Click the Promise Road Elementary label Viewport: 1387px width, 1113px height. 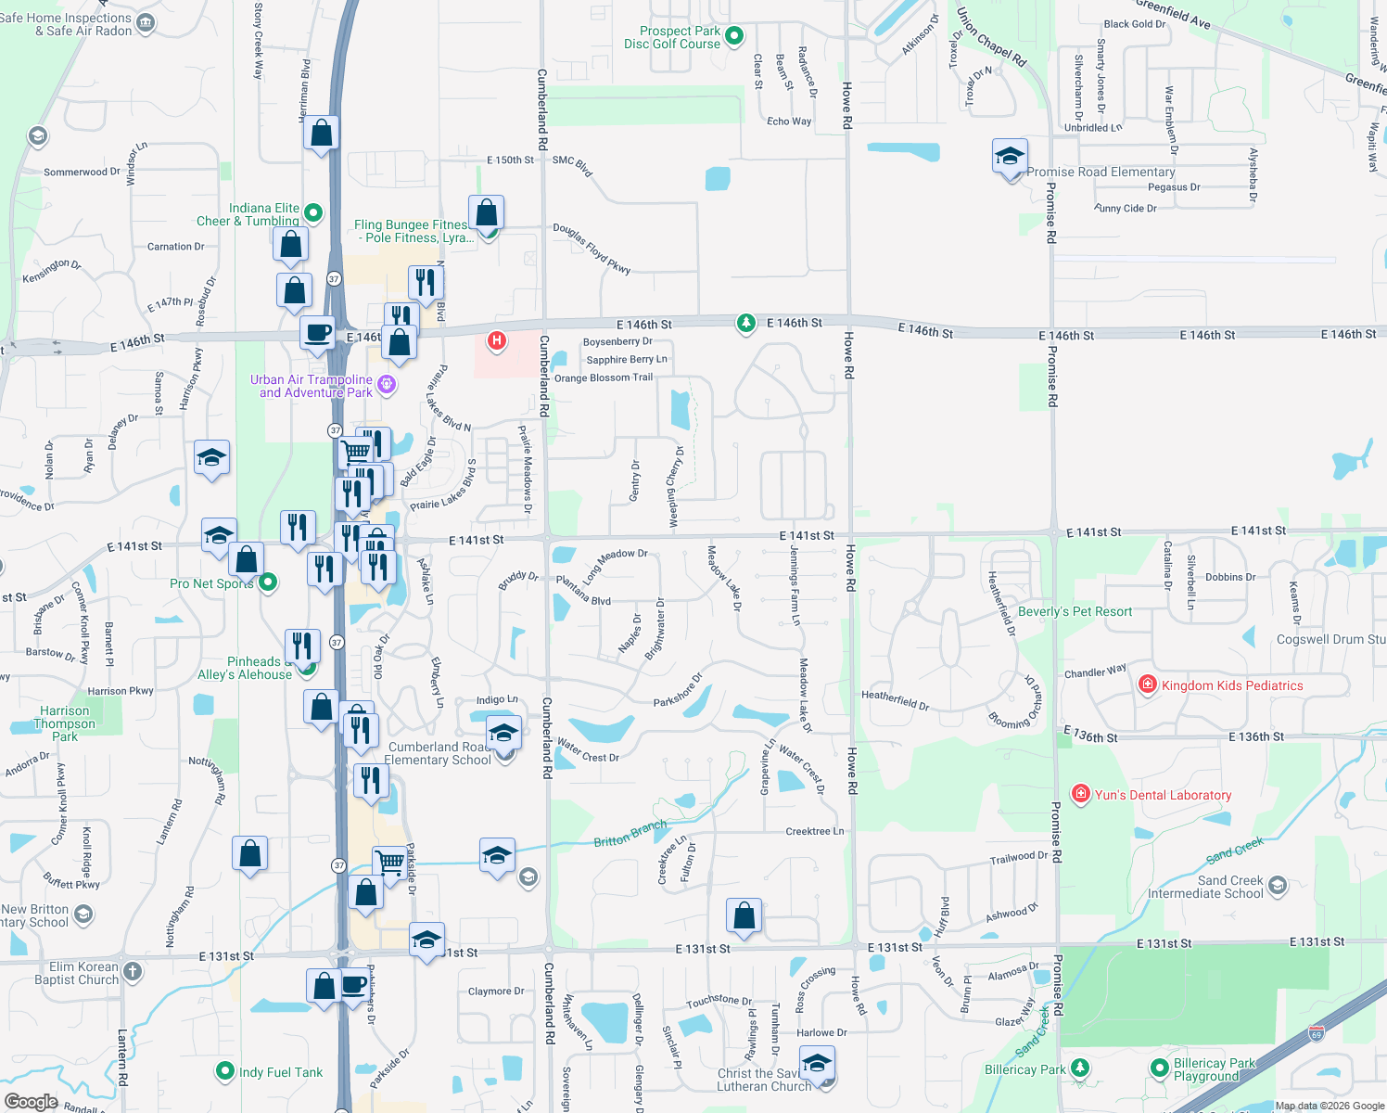tap(1101, 172)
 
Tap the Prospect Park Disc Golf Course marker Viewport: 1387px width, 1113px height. tap(734, 37)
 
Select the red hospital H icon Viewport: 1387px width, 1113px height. tap(497, 340)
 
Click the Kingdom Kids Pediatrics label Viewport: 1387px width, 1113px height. tap(1232, 685)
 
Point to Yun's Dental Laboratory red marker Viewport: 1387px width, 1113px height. tap(1080, 795)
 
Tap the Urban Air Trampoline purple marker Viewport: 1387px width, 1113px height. tap(387, 384)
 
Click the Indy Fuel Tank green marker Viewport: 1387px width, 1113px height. tap(224, 1071)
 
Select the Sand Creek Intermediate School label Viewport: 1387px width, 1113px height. tap(1205, 887)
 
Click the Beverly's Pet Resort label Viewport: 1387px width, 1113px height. tap(1075, 611)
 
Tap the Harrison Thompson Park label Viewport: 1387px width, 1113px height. tap(65, 723)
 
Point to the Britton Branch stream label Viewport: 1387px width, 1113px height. tap(630, 833)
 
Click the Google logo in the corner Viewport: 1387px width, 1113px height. tap(31, 1102)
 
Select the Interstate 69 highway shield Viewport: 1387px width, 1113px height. tap(1317, 1033)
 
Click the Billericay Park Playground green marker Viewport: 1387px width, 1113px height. tap(1159, 1068)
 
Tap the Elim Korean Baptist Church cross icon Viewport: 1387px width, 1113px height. tap(133, 971)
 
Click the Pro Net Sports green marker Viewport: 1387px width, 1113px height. tap(268, 582)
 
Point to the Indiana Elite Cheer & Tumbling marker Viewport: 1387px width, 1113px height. tap(313, 213)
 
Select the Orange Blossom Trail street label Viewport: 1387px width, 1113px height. tap(603, 377)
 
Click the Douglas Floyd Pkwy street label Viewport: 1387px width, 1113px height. tap(592, 248)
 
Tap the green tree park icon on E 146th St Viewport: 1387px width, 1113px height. tap(746, 323)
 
